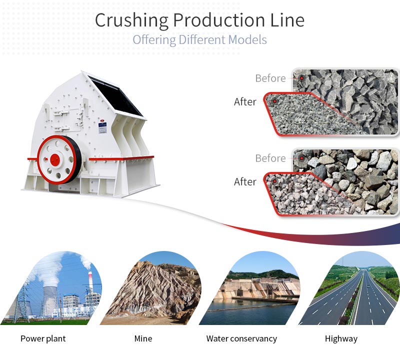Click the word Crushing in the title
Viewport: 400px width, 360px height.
click(x=131, y=20)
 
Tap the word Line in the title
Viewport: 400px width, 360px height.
click(x=287, y=20)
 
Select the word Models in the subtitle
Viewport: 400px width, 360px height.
click(x=247, y=40)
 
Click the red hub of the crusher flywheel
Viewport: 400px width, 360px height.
click(x=55, y=160)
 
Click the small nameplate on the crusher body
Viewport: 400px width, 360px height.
click(x=102, y=127)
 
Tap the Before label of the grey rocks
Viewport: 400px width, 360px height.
click(x=270, y=78)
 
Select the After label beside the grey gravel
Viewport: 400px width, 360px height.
click(x=245, y=102)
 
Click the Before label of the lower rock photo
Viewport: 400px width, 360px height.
click(x=270, y=158)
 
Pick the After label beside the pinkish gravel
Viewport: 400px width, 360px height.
click(x=245, y=182)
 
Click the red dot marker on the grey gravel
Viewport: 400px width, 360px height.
click(x=274, y=101)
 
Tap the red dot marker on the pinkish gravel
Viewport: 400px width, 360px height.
click(x=274, y=181)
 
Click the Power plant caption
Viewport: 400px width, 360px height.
click(x=43, y=339)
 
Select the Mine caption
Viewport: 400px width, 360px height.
click(x=143, y=338)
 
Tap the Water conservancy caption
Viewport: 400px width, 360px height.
click(x=241, y=339)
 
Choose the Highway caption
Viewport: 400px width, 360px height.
click(x=341, y=339)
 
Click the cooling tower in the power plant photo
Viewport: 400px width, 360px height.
click(x=50, y=300)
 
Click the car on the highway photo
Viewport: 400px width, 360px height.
click(x=367, y=287)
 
